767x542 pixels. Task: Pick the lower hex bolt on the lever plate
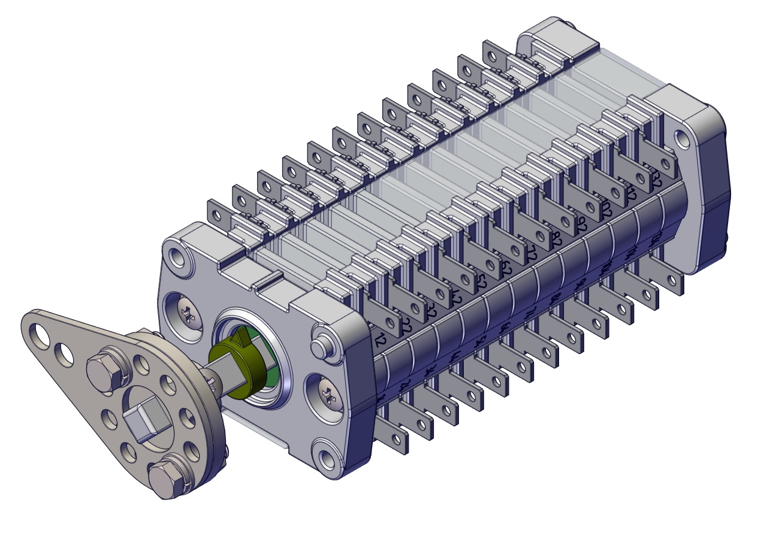tap(166, 479)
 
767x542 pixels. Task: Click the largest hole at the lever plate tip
tap(38, 335)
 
